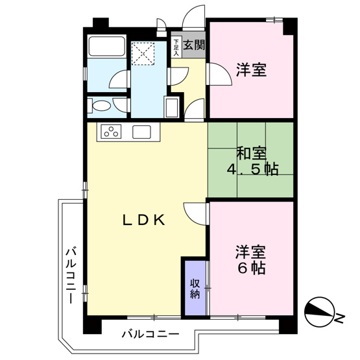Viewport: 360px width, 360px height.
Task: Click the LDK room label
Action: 146,221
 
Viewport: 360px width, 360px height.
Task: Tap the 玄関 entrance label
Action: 193,45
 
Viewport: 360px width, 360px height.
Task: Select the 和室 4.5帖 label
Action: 252,162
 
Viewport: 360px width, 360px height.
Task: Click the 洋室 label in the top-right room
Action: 251,70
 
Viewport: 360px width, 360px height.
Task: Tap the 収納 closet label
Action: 195,287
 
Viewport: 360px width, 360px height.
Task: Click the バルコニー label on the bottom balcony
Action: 150,335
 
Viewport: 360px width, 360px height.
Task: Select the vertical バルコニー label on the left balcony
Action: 69,276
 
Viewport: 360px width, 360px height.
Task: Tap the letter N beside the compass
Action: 340,317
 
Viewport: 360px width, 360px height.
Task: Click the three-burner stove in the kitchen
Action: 110,132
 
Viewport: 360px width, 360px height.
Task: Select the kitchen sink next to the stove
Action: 142,132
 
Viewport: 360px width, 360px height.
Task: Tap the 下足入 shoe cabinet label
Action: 175,49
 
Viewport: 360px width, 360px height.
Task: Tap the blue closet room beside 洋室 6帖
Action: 195,287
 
